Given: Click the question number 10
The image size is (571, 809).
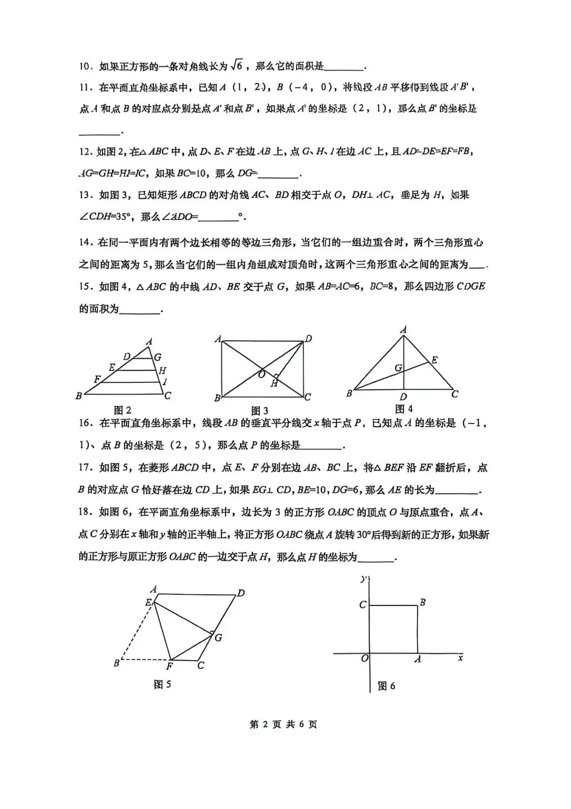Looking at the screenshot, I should pyautogui.click(x=85, y=67).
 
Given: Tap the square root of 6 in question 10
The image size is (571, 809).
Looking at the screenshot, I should pyautogui.click(x=236, y=66).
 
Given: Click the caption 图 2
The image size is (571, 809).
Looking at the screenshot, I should pyautogui.click(x=123, y=410).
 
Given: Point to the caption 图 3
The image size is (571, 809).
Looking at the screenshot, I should pyautogui.click(x=260, y=411).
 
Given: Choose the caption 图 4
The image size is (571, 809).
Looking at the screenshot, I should pyautogui.click(x=404, y=409).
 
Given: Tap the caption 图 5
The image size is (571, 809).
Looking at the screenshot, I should pyautogui.click(x=162, y=684).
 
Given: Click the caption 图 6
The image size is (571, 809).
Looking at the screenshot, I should pyautogui.click(x=386, y=686).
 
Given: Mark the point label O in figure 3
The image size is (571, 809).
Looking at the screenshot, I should pyautogui.click(x=261, y=374).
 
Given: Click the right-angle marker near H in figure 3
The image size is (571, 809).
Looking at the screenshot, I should pyautogui.click(x=276, y=376).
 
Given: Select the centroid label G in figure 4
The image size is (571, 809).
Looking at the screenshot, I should pyautogui.click(x=399, y=367).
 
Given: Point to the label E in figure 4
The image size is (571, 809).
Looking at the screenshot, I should pyautogui.click(x=435, y=360).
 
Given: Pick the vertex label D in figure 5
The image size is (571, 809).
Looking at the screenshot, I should pyautogui.click(x=241, y=593).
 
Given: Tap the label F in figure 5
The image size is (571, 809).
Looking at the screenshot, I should pyautogui.click(x=170, y=666).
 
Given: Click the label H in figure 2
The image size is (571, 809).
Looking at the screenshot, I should pyautogui.click(x=162, y=371).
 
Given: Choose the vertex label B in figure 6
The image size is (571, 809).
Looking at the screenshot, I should pyautogui.click(x=422, y=602).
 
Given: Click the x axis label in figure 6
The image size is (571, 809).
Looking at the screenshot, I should pyautogui.click(x=460, y=658).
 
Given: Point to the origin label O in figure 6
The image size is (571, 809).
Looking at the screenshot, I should pyautogui.click(x=364, y=658).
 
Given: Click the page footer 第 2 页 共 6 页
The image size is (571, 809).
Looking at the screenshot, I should pyautogui.click(x=283, y=724).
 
